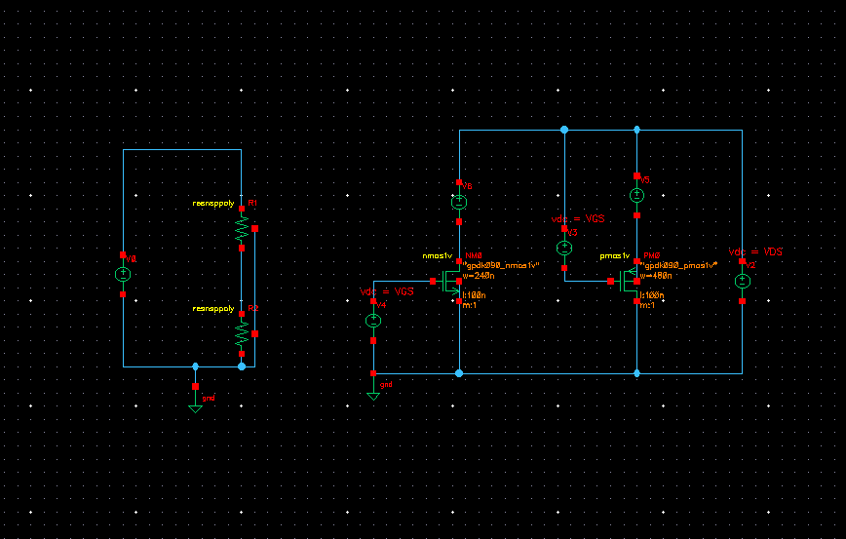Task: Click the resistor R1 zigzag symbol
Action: (x=242, y=228)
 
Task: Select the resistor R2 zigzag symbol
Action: (x=242, y=333)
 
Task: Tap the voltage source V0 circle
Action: (x=123, y=275)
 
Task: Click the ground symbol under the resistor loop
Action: (x=195, y=406)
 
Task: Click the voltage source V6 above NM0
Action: (x=459, y=203)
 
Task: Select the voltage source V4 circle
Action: (x=372, y=321)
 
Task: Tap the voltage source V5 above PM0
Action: (x=636, y=196)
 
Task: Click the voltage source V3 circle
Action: (x=564, y=249)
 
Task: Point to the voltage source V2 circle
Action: (x=742, y=281)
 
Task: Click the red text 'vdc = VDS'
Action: (x=755, y=251)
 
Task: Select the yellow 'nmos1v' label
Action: (x=436, y=255)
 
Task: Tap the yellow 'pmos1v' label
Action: (x=613, y=255)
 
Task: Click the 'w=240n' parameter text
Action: (x=480, y=275)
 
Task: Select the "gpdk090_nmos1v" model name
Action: (x=502, y=265)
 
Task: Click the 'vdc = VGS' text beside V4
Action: (x=386, y=291)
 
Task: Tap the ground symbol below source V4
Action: (x=373, y=395)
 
